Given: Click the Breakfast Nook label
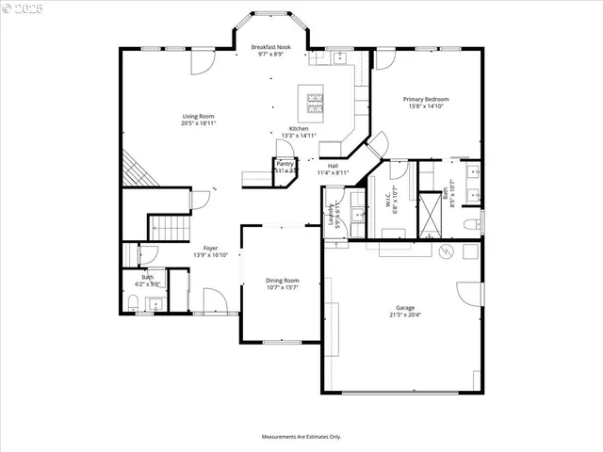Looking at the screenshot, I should click(x=272, y=46).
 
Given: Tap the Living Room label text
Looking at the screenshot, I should click(x=199, y=116).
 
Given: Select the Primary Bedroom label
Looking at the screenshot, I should click(x=426, y=99).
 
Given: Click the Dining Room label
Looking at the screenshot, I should click(x=282, y=280).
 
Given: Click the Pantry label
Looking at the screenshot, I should click(x=285, y=164).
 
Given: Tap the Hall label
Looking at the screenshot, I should click(x=333, y=165).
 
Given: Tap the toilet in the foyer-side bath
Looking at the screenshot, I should click(x=133, y=303).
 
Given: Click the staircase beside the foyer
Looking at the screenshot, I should click(x=167, y=227).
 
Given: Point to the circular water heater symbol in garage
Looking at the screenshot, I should click(x=448, y=251).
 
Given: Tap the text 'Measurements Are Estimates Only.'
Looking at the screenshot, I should click(x=301, y=437).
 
